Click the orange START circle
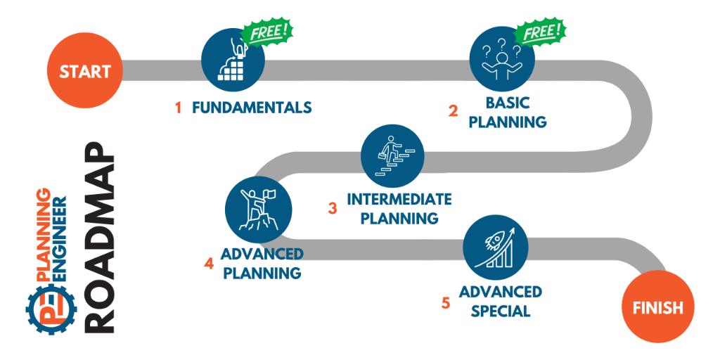tap(84, 71)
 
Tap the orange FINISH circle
tap(657, 307)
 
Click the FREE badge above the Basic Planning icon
tap(540, 32)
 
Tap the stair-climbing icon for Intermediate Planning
tap(393, 157)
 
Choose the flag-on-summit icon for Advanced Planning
tap(257, 209)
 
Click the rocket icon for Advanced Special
tap(496, 246)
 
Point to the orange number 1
tap(179, 108)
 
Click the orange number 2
tap(454, 111)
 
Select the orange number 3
tap(333, 208)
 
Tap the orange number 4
tap(209, 264)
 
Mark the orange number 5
tap(446, 303)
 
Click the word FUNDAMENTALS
tap(251, 108)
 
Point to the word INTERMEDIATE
tap(399, 199)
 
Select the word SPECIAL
tap(501, 310)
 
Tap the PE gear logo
tap(47, 307)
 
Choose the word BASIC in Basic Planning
tap(507, 103)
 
